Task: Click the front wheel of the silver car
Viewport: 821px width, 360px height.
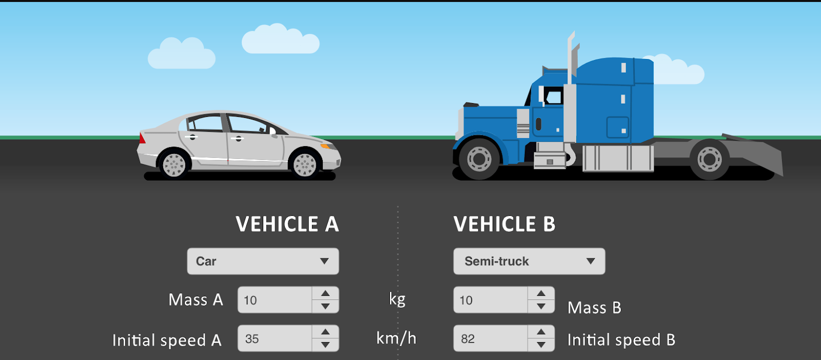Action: click(305, 165)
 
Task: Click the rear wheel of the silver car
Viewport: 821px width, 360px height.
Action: click(174, 165)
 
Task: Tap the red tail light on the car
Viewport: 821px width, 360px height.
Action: click(142, 138)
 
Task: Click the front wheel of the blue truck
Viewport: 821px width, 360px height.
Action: click(479, 158)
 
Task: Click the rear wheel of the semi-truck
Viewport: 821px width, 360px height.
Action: click(710, 159)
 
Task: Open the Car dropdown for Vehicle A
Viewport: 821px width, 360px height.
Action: click(263, 261)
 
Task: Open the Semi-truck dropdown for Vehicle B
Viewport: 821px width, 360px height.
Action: click(529, 261)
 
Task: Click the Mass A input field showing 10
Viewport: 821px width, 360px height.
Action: click(275, 300)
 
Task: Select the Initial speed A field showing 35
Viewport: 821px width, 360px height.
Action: click(275, 338)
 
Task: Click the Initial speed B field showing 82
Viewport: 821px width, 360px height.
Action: click(491, 338)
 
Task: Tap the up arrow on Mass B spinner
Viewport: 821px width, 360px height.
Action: click(541, 293)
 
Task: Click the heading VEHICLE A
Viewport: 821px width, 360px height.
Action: click(287, 224)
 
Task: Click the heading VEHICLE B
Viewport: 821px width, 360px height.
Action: click(504, 224)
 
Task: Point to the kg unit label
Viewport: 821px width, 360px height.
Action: click(397, 299)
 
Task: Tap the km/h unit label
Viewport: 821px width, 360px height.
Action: click(396, 338)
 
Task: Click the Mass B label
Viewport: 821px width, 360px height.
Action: click(594, 308)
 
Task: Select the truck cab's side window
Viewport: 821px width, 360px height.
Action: click(554, 96)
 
